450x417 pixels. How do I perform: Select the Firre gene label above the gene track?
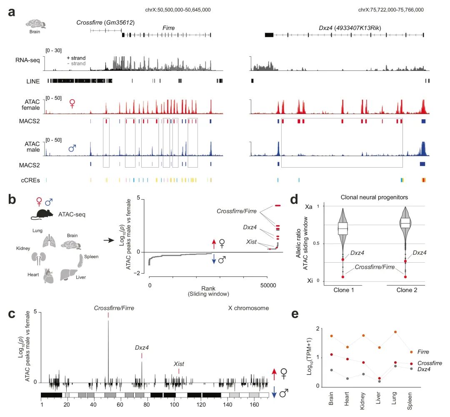[x=168, y=28]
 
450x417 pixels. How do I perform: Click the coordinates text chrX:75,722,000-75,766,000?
[x=391, y=10]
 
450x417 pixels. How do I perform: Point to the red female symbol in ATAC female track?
[x=72, y=104]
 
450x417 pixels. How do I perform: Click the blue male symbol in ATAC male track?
[x=72, y=148]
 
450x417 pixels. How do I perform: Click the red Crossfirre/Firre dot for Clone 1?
[x=343, y=276]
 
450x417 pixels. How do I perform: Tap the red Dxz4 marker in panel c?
[x=142, y=356]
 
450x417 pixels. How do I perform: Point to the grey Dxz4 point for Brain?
[x=331, y=370]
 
